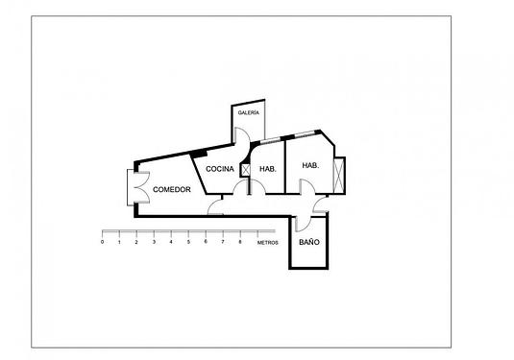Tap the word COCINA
[220, 169]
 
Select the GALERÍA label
[248, 113]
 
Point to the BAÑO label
[308, 243]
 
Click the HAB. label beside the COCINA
[268, 169]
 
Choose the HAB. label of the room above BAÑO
[310, 165]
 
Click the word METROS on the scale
[268, 242]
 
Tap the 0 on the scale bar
[102, 242]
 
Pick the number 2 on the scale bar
[136, 242]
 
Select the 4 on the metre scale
[171, 242]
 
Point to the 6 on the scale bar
[206, 242]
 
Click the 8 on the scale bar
[239, 242]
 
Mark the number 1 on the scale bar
[119, 242]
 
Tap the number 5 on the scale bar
[188, 242]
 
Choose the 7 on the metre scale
[223, 242]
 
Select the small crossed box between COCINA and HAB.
[247, 169]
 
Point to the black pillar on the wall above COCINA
[199, 153]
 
